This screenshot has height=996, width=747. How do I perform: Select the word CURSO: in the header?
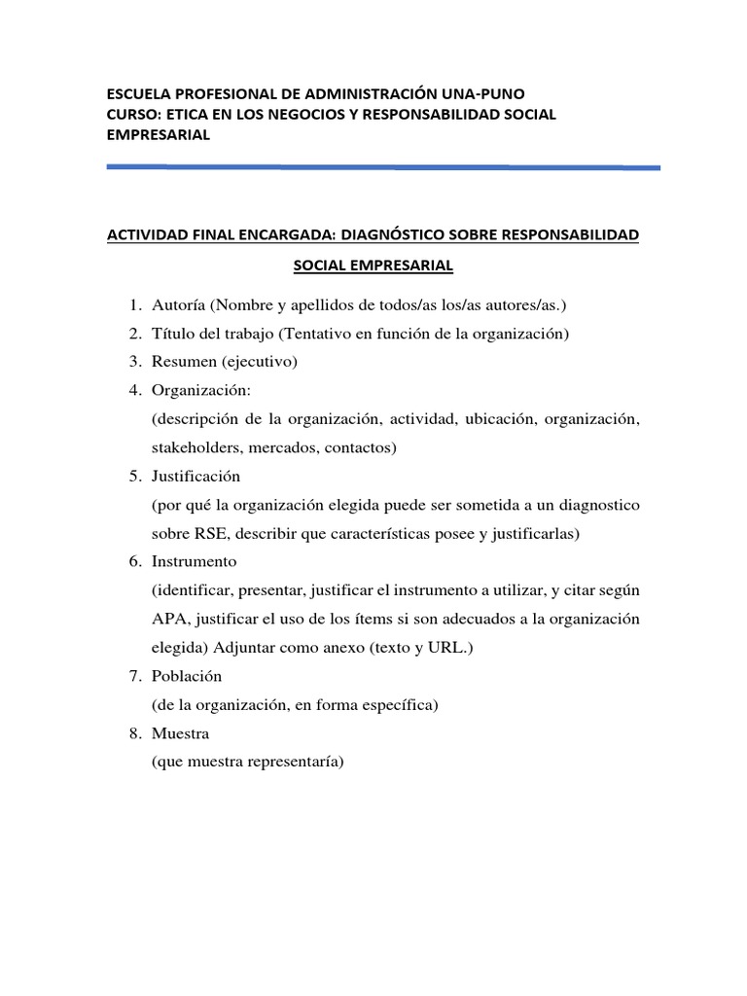133,115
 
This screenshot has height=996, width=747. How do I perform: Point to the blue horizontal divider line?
383,167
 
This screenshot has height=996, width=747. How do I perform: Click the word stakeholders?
196,447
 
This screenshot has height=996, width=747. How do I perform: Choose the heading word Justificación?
196,477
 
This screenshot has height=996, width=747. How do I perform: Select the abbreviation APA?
168,619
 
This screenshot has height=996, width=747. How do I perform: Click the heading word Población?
187,676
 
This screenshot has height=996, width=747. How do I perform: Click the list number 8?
134,733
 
